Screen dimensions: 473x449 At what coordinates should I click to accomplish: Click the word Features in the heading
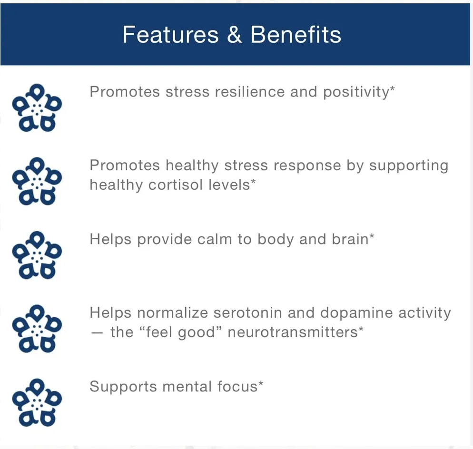170,35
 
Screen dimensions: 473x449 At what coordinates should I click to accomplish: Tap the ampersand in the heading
235,34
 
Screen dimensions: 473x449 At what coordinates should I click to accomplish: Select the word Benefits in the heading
296,34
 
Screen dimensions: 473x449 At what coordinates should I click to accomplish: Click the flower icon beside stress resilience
37,107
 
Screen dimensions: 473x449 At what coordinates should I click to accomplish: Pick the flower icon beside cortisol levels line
37,181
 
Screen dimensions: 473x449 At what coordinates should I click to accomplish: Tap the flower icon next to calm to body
37,255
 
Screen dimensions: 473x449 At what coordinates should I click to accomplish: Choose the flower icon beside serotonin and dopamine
37,329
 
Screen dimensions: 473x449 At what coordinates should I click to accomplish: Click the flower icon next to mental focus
37,402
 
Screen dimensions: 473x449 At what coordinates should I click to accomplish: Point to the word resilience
250,92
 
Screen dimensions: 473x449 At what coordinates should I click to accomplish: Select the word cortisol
175,185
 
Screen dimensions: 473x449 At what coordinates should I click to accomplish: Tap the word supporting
409,166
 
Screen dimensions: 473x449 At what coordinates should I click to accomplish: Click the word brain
350,239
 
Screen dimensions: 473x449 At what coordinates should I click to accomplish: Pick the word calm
215,239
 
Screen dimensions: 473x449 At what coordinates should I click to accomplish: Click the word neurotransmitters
293,332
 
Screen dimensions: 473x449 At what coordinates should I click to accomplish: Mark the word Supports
123,387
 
